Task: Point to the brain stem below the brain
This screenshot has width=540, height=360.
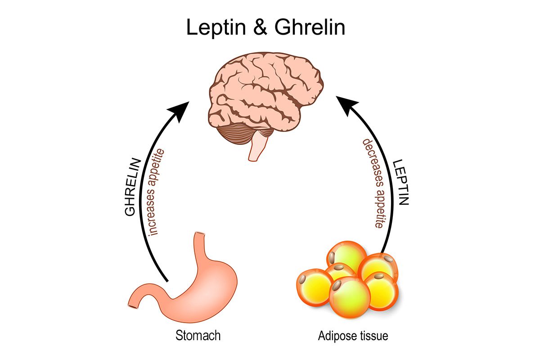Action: click(x=257, y=146)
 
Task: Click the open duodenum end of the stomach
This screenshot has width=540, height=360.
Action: click(x=131, y=306)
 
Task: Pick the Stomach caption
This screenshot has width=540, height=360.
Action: click(x=198, y=336)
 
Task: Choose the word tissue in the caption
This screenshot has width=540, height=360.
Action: click(x=372, y=336)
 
